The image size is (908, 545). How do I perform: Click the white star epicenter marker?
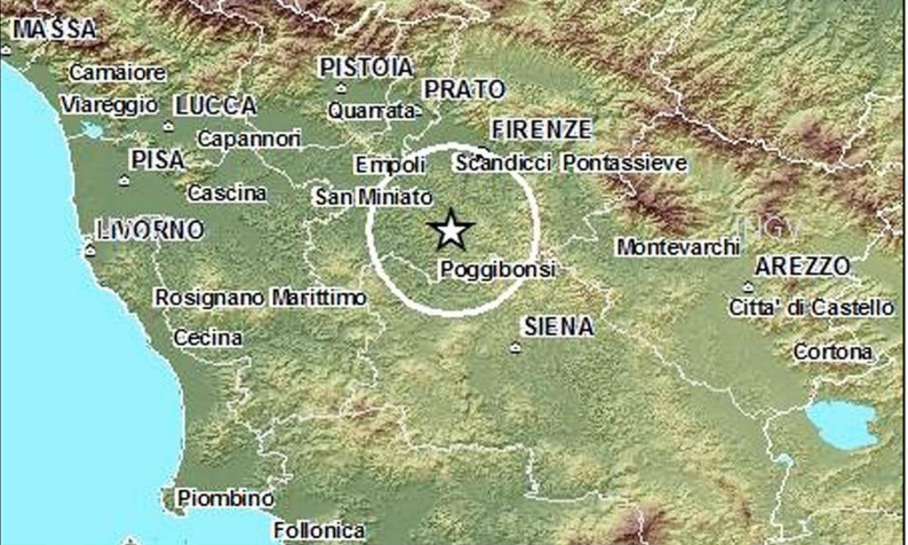click(x=452, y=230)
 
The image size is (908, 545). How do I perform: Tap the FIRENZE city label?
click(x=541, y=130)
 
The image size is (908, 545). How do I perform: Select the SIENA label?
click(x=559, y=326)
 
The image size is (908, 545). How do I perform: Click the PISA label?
click(x=158, y=159)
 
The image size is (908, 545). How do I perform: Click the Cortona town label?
click(x=832, y=352)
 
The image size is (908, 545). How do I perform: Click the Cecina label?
click(x=208, y=337)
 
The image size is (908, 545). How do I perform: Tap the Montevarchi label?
click(x=676, y=246)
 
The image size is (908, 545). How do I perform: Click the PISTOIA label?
click(x=366, y=67)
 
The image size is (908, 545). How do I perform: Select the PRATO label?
click(x=463, y=88)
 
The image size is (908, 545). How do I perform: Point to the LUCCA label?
click(x=216, y=105)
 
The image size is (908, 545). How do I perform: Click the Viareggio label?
click(x=108, y=105)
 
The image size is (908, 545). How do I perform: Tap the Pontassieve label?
click(x=625, y=163)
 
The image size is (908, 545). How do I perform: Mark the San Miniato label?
click(x=374, y=197)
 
